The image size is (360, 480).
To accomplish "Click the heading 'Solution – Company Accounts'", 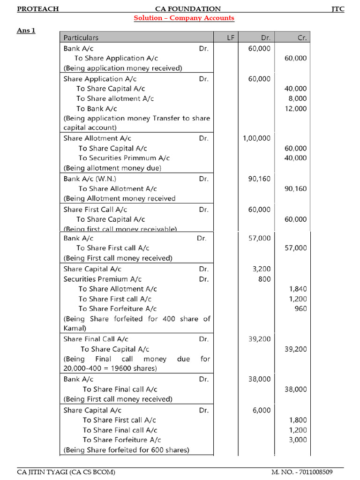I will point(184,18).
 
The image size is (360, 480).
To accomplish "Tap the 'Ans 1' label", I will point(26,30).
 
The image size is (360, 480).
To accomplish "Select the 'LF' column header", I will point(231,37).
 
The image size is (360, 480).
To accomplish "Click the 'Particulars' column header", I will point(81,37).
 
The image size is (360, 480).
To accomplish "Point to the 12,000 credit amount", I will point(296,109).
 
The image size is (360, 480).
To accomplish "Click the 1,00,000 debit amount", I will point(256,138).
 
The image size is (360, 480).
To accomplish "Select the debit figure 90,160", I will point(259,179).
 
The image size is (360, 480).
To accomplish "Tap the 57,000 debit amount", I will point(259,238).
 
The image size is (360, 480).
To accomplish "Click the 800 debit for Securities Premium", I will point(264,279).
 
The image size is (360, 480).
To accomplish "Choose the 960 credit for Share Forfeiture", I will point(301,308).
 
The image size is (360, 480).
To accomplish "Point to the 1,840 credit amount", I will point(298,289).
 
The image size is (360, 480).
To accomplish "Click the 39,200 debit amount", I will point(259,339).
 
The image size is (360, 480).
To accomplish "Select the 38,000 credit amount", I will point(296,389).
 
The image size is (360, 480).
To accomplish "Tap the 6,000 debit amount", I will point(262,410).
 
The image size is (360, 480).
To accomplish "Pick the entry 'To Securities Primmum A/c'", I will point(124,158).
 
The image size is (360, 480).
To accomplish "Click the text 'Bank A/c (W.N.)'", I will point(90,179).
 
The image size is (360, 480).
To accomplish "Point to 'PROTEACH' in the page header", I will point(38,9).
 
